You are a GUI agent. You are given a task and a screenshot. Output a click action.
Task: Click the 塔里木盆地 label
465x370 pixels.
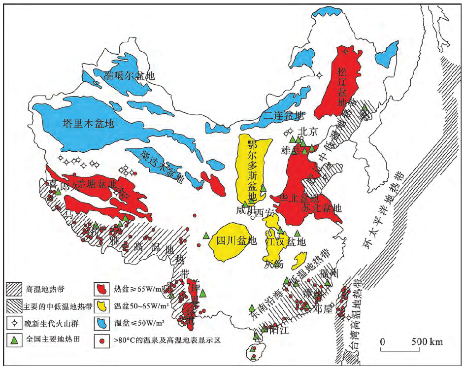click(88, 123)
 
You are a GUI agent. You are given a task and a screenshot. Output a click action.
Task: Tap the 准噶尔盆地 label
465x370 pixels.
click(130, 76)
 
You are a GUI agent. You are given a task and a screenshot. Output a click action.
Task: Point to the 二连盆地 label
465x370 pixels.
click(283, 115)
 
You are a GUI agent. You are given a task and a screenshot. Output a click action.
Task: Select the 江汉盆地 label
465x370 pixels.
click(286, 242)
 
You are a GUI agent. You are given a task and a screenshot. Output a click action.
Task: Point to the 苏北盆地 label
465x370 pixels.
click(321, 208)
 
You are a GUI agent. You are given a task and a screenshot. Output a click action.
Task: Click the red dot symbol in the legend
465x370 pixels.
click(102, 339)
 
